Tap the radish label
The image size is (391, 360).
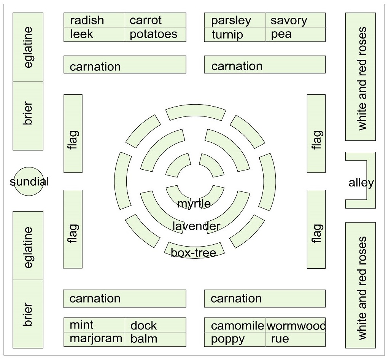(x=87, y=20)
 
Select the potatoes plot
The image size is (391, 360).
(x=154, y=34)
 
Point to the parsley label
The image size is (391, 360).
(x=231, y=20)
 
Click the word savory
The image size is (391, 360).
(x=289, y=20)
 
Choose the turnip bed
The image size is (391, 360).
(x=227, y=35)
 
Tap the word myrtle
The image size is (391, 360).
(x=194, y=204)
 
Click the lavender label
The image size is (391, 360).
(x=196, y=226)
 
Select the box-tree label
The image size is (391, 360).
(x=194, y=253)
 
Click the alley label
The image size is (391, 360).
(x=361, y=183)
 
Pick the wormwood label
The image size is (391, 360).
(x=296, y=326)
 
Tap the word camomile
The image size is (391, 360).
(x=237, y=326)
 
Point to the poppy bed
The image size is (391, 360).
(x=227, y=339)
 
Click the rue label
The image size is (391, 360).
(x=280, y=339)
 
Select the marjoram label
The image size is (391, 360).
(x=96, y=338)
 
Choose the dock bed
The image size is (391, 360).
(x=143, y=325)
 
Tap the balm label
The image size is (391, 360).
(x=143, y=338)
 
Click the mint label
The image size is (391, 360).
(x=81, y=325)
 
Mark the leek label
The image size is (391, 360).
(x=81, y=34)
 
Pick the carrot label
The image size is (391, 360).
(x=146, y=20)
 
